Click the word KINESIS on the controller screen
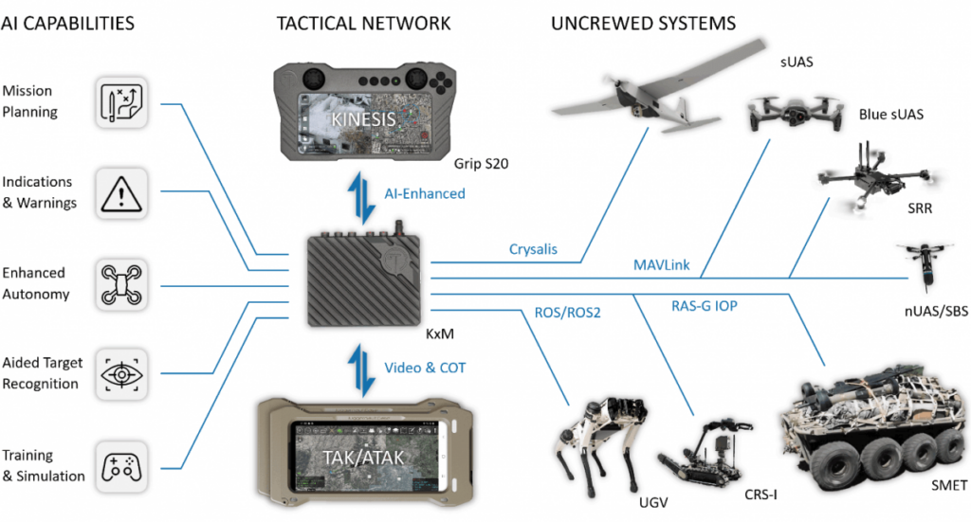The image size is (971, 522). coord(362,121)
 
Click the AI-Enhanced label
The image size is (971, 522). coord(424,193)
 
